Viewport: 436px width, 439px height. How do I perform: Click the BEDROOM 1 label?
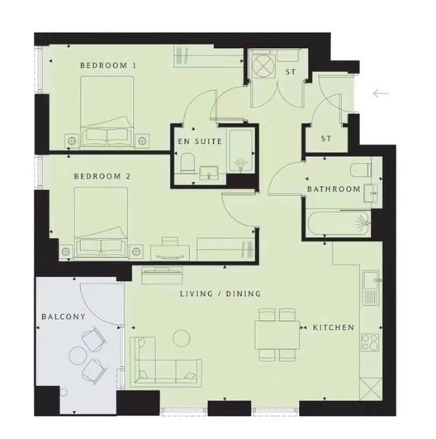tap(108, 65)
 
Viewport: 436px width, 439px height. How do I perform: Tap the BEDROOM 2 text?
tap(102, 176)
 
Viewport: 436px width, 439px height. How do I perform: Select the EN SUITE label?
tap(200, 141)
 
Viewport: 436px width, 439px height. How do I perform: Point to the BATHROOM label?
tap(334, 189)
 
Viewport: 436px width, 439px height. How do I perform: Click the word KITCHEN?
tap(334, 327)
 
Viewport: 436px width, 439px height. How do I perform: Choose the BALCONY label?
tap(64, 317)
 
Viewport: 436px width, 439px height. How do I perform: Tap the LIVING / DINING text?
tap(220, 293)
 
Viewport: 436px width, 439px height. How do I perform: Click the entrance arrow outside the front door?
tap(381, 93)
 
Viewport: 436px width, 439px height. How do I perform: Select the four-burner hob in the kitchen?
tap(370, 342)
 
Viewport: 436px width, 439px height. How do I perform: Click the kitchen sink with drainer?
tap(371, 288)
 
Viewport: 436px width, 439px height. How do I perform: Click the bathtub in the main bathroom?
tap(339, 223)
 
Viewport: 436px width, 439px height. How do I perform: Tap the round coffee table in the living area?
tap(182, 338)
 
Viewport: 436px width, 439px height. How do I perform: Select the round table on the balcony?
tap(77, 355)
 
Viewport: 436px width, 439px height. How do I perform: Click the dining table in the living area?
tap(277, 335)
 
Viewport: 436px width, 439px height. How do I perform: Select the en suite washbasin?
tap(209, 173)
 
